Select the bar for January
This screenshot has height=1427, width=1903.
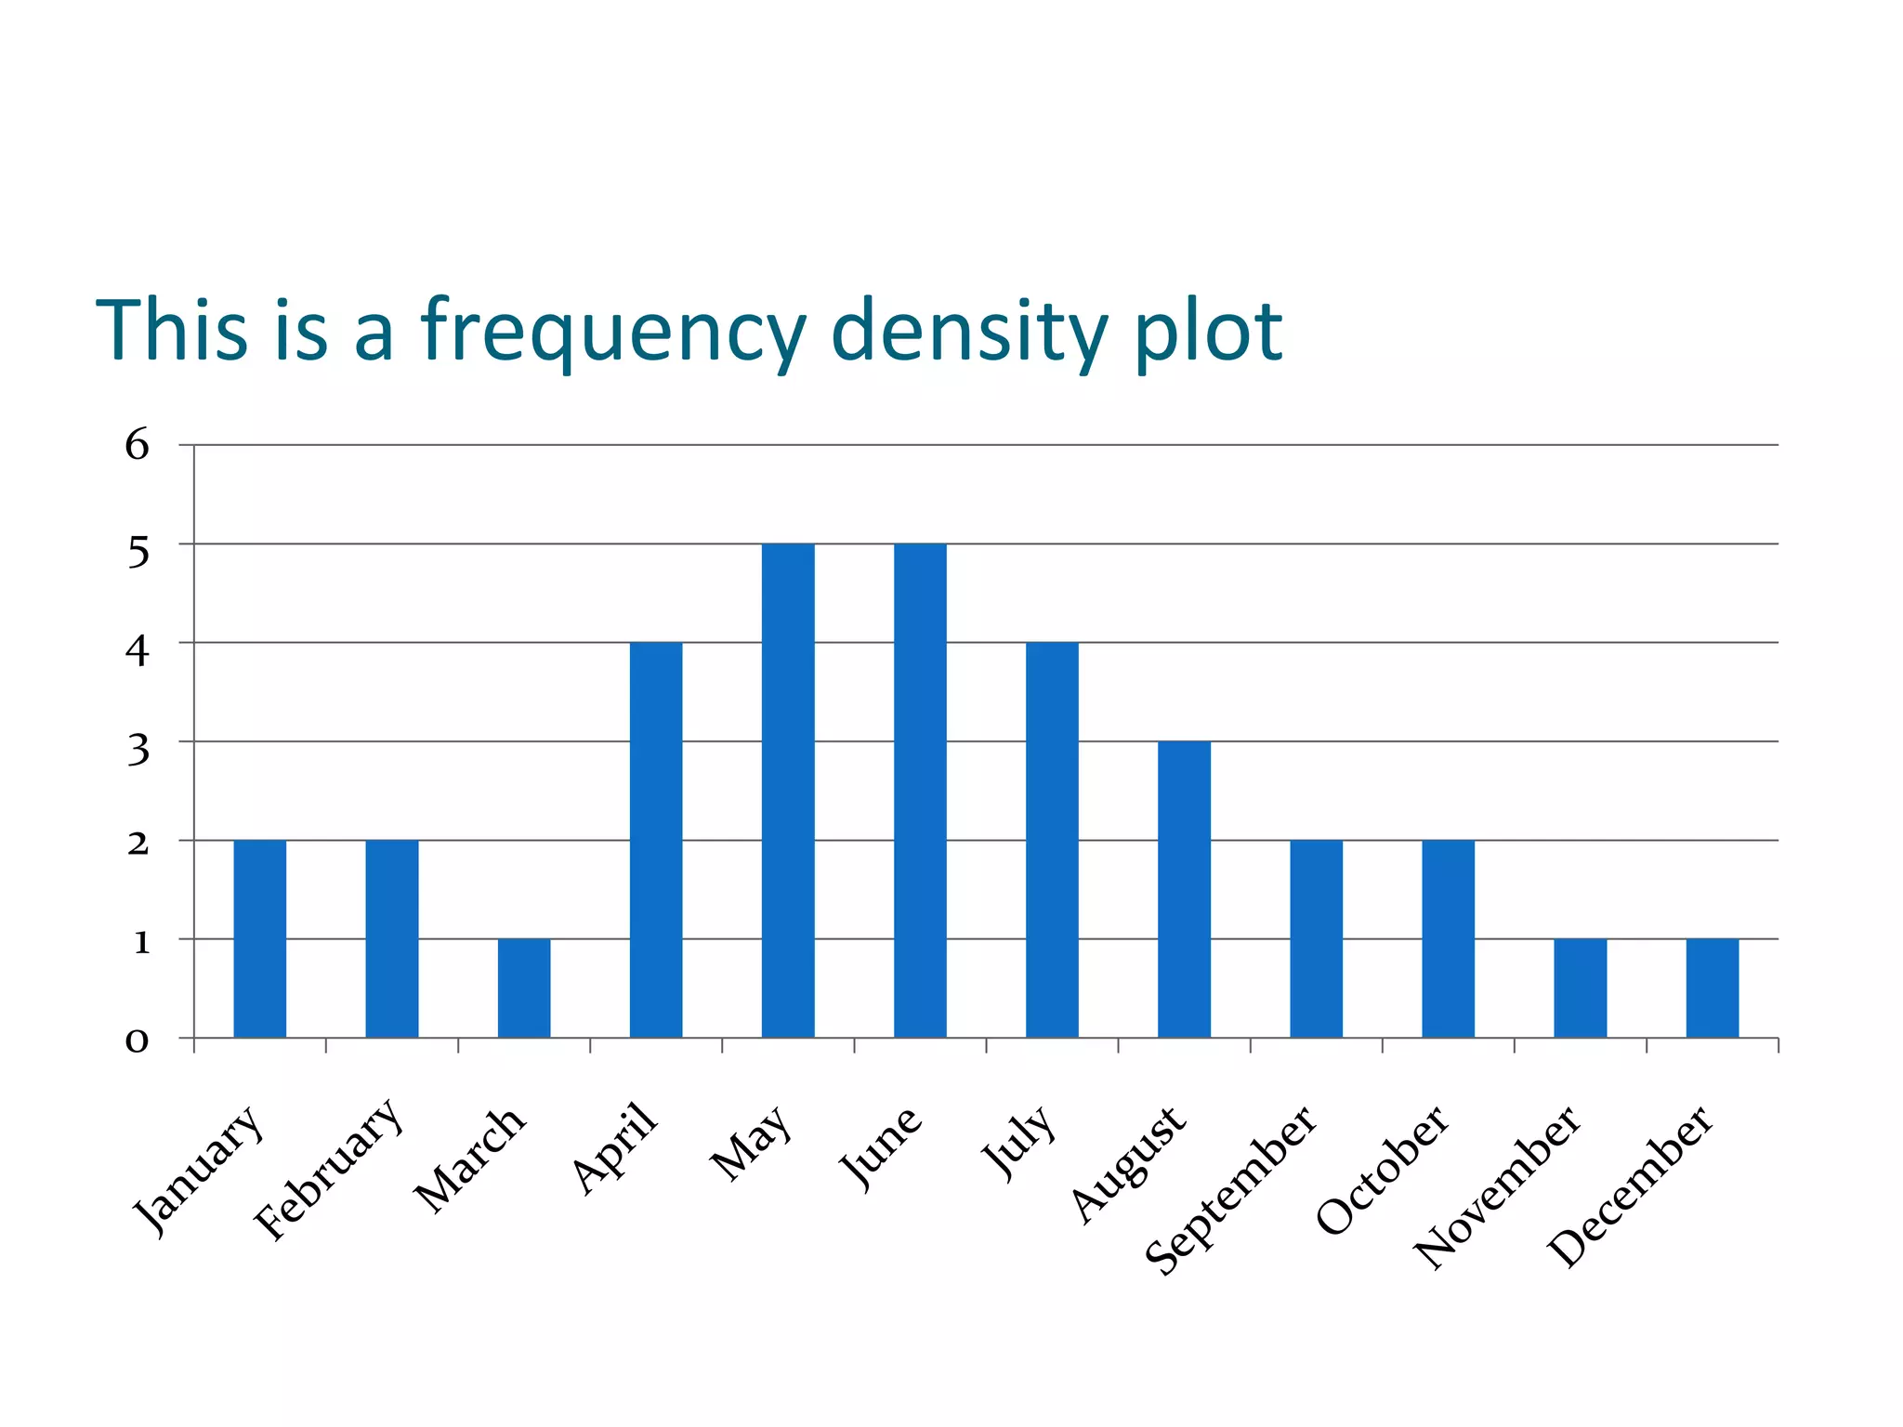click(x=260, y=938)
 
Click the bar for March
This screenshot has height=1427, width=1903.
click(x=524, y=988)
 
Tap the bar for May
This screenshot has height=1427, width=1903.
click(x=788, y=790)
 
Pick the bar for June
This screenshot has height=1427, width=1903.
click(x=920, y=790)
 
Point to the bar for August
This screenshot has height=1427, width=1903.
click(x=1184, y=889)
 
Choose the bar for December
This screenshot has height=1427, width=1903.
click(x=1712, y=988)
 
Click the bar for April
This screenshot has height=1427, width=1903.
click(x=656, y=840)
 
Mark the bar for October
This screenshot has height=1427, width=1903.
click(x=1448, y=938)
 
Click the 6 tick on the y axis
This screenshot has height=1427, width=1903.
click(x=138, y=446)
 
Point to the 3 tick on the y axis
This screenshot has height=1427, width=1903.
click(x=138, y=749)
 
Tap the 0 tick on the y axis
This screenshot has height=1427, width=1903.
click(x=138, y=1041)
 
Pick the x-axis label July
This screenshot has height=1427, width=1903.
click(x=1020, y=1143)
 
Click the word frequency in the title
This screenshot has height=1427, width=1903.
click(x=613, y=331)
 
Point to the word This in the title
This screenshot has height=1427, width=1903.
click(x=172, y=329)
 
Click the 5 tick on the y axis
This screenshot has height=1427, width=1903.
click(x=138, y=553)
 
